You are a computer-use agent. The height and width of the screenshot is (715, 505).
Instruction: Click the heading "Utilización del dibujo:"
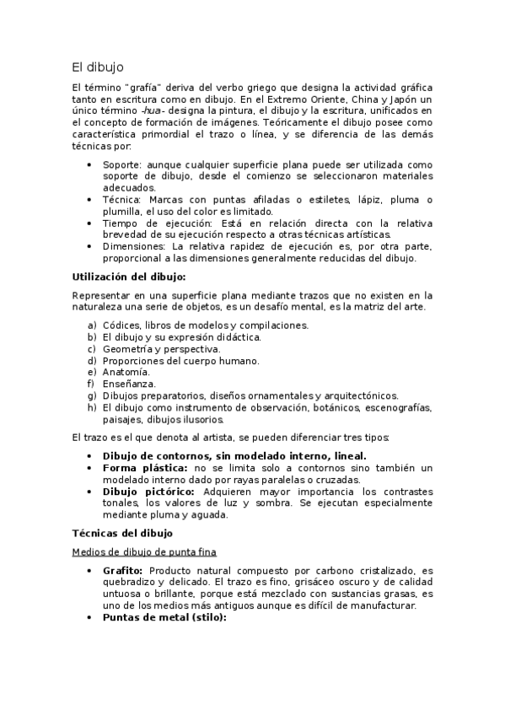[129, 277]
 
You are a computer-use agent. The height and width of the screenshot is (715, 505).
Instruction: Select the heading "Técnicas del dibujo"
[122, 533]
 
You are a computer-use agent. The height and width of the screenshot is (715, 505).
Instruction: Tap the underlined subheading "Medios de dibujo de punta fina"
[144, 551]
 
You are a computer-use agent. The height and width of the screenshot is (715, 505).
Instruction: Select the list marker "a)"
[92, 325]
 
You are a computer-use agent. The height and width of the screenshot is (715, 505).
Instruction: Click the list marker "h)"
[92, 407]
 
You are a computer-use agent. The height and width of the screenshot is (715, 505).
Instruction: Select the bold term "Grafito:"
[126, 570]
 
